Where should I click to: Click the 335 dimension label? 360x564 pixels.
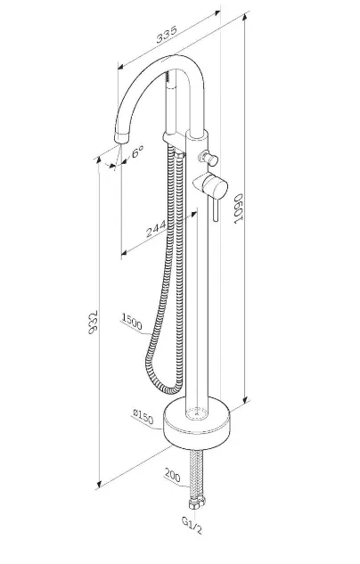167,34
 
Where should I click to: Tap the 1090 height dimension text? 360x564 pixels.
239,209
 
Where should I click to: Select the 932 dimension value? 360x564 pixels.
93,322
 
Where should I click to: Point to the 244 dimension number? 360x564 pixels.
157,229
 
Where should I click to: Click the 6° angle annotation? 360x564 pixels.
138,151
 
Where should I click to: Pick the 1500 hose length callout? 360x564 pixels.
133,322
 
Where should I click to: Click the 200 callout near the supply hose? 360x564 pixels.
173,475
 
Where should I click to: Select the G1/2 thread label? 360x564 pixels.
192,525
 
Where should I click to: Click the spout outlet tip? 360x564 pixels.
120,138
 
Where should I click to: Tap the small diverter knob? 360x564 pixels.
209,158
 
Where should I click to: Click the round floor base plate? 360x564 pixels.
197,424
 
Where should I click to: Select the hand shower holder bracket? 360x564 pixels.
174,138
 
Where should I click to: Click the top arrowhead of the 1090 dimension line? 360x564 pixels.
246,16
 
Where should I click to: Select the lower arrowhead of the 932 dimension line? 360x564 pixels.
99,484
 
